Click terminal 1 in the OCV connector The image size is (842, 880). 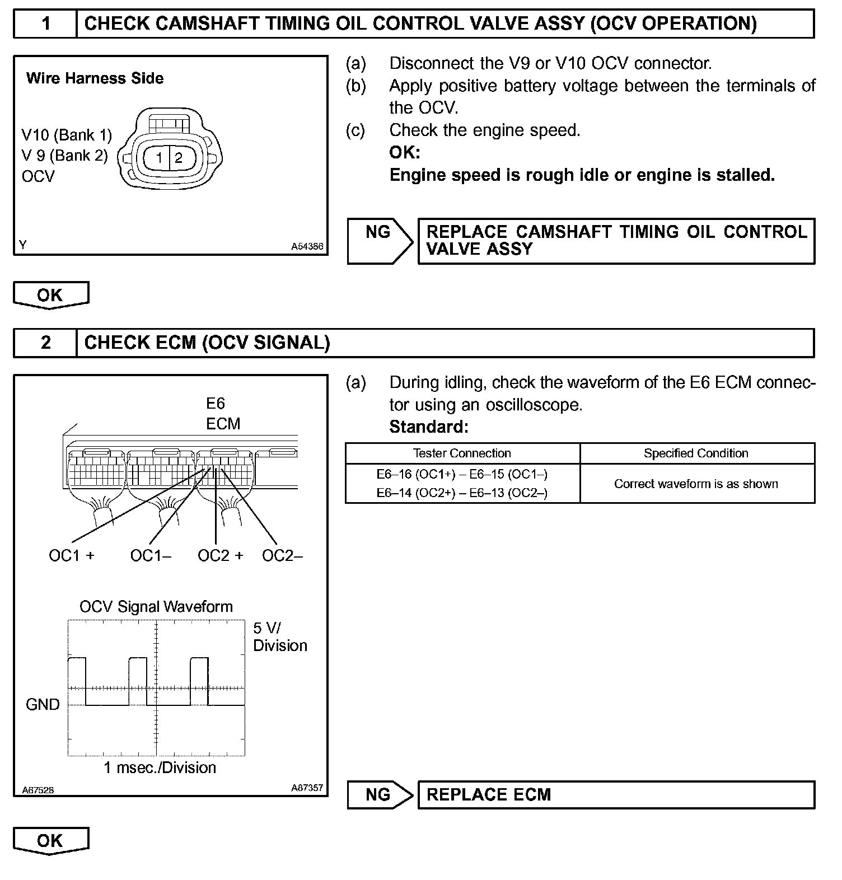(x=159, y=158)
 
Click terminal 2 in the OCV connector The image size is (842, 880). (x=179, y=158)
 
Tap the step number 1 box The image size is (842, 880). (x=45, y=24)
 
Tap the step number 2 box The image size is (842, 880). (x=45, y=343)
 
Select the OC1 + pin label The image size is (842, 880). (x=72, y=556)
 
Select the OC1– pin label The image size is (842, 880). (x=151, y=556)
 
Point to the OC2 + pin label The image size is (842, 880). (x=221, y=556)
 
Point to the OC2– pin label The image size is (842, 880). (x=282, y=556)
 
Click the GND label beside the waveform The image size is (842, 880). (x=43, y=704)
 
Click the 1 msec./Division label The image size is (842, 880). (x=160, y=767)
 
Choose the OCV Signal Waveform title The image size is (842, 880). (x=156, y=607)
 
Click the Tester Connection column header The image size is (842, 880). (x=462, y=453)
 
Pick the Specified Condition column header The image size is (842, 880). (x=696, y=453)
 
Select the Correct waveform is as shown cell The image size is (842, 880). (x=696, y=484)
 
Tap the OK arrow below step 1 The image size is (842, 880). (x=50, y=295)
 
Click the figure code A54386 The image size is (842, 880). (x=307, y=246)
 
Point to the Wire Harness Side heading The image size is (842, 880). (x=95, y=78)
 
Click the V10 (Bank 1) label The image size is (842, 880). (x=67, y=135)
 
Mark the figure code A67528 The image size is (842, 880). (x=38, y=790)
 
